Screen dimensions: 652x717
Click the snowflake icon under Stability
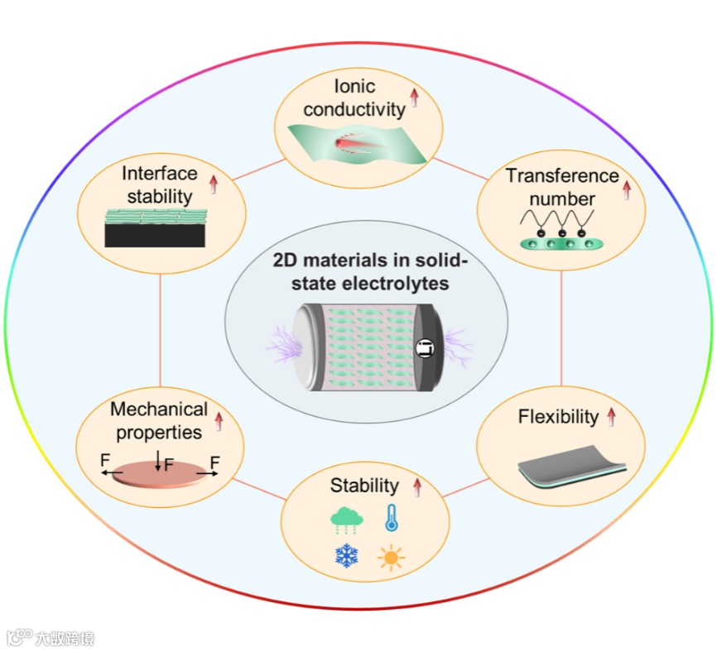(x=347, y=555)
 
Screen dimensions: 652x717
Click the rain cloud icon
(x=346, y=520)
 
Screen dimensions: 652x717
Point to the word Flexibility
(x=558, y=416)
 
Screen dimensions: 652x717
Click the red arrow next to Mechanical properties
(x=219, y=422)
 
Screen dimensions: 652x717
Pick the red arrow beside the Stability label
(x=417, y=487)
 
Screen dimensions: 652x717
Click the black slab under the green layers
(x=155, y=235)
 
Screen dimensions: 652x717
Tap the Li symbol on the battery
(x=423, y=349)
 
